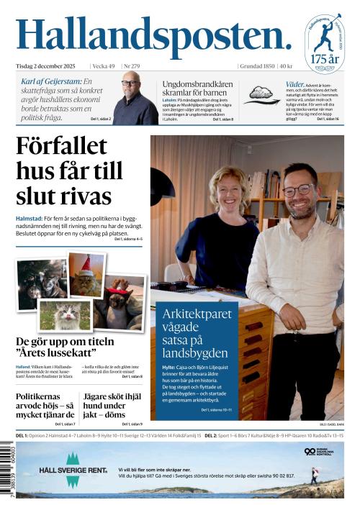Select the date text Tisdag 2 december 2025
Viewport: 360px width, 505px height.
point(50,66)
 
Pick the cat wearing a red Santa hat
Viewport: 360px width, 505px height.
point(87,275)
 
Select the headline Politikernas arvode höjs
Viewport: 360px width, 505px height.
point(45,405)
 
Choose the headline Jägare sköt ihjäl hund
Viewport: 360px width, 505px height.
point(113,405)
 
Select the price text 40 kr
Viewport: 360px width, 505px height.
point(286,66)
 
